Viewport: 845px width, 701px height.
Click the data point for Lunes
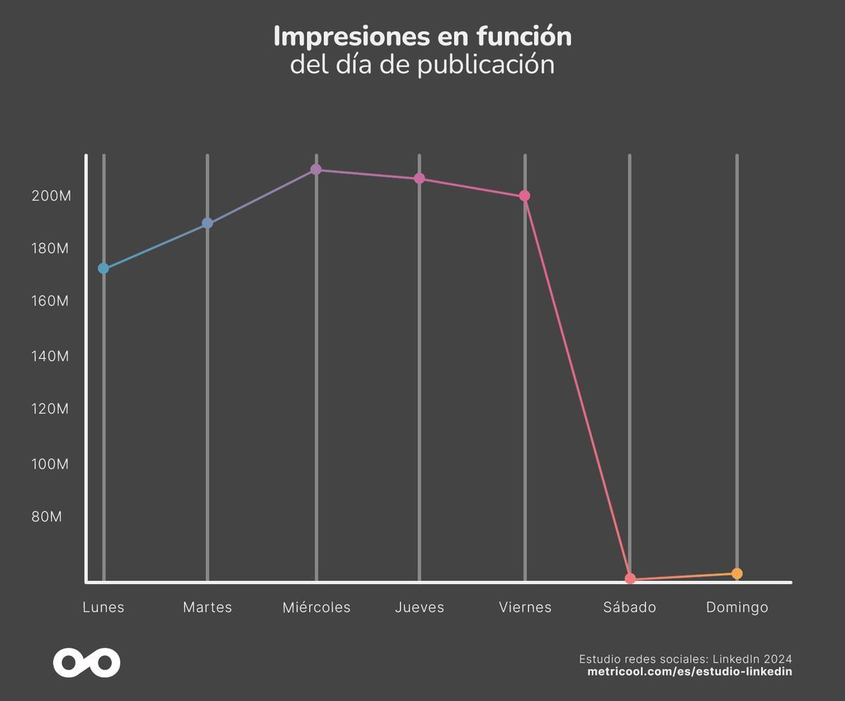point(104,268)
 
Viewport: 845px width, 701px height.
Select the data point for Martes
point(207,223)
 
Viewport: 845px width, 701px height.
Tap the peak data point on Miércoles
point(316,170)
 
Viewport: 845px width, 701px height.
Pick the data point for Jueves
point(420,179)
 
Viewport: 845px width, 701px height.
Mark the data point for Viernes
point(525,196)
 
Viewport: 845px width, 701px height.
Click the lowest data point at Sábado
point(630,579)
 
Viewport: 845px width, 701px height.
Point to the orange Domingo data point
point(737,574)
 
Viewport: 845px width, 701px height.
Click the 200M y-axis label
point(51,196)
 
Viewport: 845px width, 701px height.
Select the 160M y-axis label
point(51,301)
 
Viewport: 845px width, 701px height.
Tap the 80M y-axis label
point(47,517)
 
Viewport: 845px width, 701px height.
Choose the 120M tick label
point(50,409)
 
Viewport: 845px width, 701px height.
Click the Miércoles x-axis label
point(316,607)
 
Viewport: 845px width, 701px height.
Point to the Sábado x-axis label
point(630,607)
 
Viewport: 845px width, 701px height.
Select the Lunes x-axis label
point(104,607)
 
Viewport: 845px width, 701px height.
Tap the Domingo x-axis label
point(737,607)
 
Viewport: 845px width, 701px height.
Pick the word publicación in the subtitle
point(485,65)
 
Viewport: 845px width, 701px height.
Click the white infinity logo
point(87,663)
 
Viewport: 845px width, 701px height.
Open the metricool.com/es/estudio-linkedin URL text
point(689,671)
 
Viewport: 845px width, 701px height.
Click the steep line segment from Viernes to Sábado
point(577,387)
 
